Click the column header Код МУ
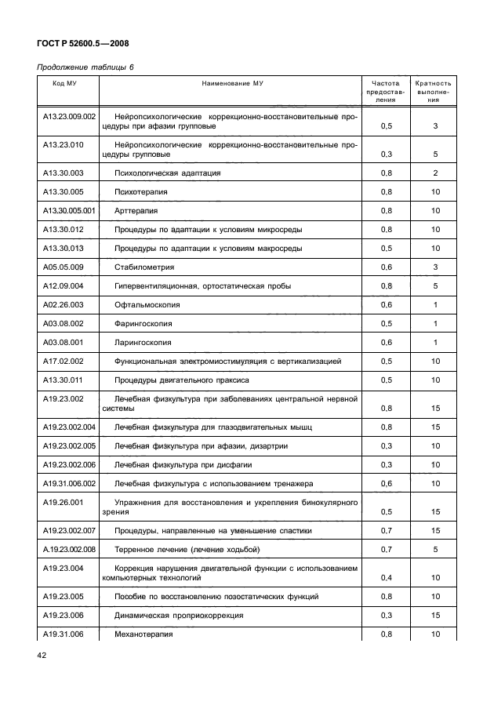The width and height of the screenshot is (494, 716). coord(64,83)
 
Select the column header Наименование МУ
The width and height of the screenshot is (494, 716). coord(231,83)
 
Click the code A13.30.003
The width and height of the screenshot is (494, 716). coord(64,173)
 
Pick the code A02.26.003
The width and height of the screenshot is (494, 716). coord(64,305)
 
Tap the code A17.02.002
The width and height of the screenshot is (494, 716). coord(64,362)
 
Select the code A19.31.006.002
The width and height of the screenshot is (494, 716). coord(69,484)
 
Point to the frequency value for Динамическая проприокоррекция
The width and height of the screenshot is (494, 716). coord(387,616)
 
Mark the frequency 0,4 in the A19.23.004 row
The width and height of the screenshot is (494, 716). coord(387,578)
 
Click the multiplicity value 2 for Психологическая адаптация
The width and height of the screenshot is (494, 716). coord(435,173)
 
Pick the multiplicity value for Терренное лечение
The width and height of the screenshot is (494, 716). coord(435,550)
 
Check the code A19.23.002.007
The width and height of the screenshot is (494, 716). coord(69,531)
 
